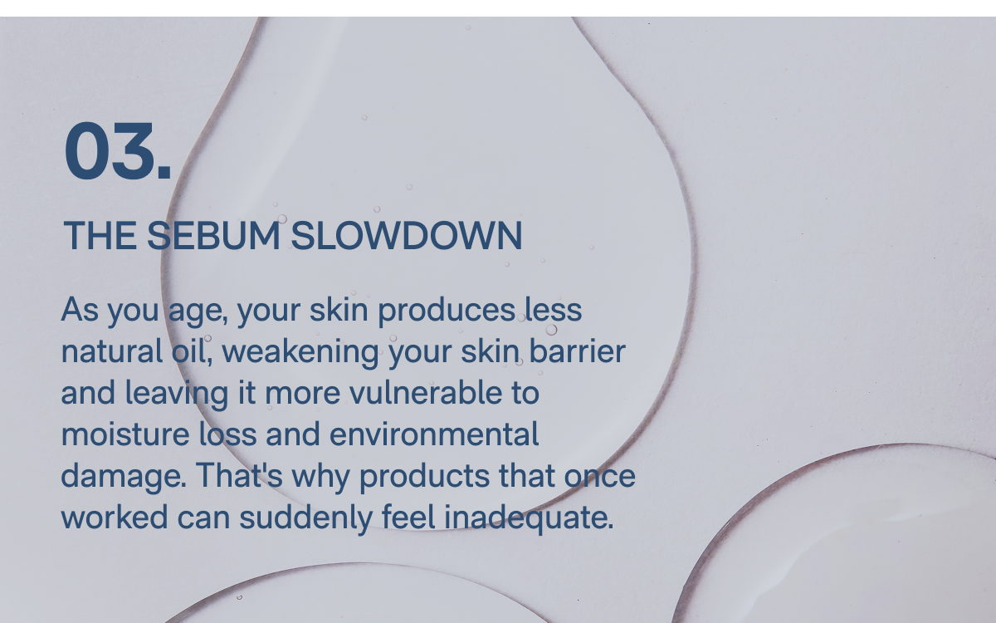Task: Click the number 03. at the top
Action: click(x=118, y=151)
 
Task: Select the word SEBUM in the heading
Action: click(x=213, y=237)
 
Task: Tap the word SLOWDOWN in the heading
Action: click(x=407, y=237)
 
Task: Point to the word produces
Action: click(x=446, y=311)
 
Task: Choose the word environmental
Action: click(x=434, y=434)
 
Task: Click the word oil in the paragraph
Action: click(x=184, y=351)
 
